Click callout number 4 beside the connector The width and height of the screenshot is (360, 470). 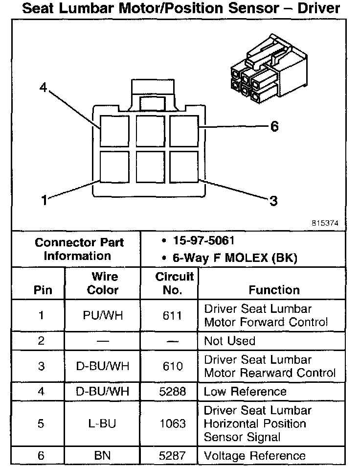coord(44,88)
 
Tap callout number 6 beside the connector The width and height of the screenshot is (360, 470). coord(274,127)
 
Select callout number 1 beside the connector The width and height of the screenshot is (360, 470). coord(44,200)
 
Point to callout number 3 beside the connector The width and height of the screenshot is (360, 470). coord(273,200)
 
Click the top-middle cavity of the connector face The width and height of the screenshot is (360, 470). coord(150,130)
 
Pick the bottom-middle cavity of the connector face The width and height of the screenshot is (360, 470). coord(150,167)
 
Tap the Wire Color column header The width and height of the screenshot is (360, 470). coord(102,283)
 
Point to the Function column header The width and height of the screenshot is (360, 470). coord(274,290)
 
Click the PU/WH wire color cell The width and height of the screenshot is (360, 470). coord(102,316)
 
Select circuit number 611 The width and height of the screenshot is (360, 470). coord(172,316)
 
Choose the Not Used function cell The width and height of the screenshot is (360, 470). coord(229,341)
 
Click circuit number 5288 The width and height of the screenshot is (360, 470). coord(172,391)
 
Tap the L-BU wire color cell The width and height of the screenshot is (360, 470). coord(102,423)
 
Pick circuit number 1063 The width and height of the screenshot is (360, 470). coord(172,423)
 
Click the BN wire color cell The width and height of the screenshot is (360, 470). coord(102,456)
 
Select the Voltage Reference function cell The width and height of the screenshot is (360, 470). coord(254,456)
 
